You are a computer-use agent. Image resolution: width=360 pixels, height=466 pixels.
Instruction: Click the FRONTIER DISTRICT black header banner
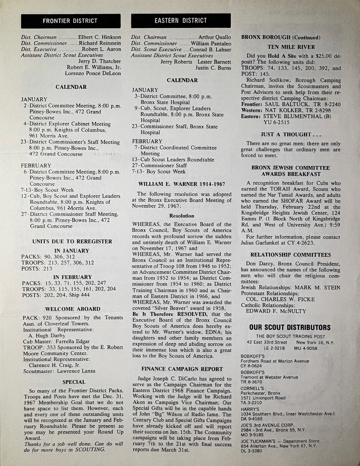[70, 21]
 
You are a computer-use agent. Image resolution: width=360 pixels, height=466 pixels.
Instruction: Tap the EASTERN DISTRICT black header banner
[181, 21]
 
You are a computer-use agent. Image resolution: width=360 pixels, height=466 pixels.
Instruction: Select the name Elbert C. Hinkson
[100, 37]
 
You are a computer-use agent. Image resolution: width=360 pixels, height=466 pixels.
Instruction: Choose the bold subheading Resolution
[182, 216]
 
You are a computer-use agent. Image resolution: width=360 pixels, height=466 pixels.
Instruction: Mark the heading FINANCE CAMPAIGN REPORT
[182, 369]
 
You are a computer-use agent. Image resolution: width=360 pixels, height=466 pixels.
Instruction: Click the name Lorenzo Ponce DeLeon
[93, 73]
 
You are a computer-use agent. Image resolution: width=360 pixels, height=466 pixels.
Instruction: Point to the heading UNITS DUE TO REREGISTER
[73, 241]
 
